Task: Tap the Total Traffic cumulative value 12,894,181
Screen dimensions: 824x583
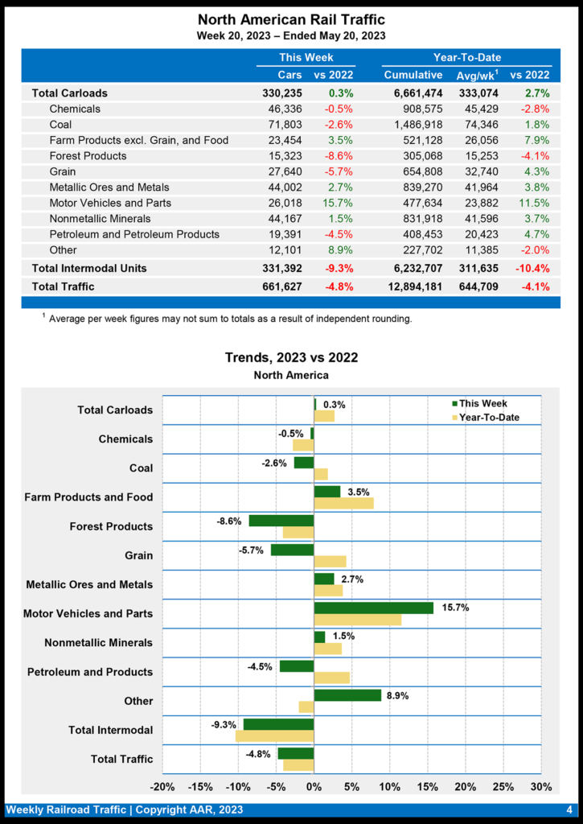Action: click(x=409, y=286)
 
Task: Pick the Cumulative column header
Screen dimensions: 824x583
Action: click(x=413, y=75)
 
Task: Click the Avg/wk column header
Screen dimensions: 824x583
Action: click(x=477, y=75)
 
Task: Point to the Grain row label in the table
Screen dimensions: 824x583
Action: click(x=63, y=171)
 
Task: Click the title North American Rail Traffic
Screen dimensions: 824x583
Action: click(x=291, y=19)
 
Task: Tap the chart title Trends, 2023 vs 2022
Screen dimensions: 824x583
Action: click(x=291, y=357)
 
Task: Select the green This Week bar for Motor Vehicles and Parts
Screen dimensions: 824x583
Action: click(x=373, y=608)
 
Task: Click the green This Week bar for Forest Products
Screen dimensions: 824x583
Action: click(x=281, y=521)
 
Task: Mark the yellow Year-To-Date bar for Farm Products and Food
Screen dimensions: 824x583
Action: click(x=343, y=503)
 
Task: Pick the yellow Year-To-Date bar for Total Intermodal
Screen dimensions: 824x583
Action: click(x=274, y=735)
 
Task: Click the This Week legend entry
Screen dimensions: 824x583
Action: click(x=483, y=404)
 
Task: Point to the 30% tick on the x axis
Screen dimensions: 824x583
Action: click(x=541, y=786)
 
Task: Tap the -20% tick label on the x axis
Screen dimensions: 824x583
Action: click(x=162, y=786)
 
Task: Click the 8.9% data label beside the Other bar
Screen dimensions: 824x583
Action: click(x=397, y=695)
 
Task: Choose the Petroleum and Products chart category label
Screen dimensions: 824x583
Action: click(x=90, y=672)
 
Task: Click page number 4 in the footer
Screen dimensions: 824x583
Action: click(x=569, y=810)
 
